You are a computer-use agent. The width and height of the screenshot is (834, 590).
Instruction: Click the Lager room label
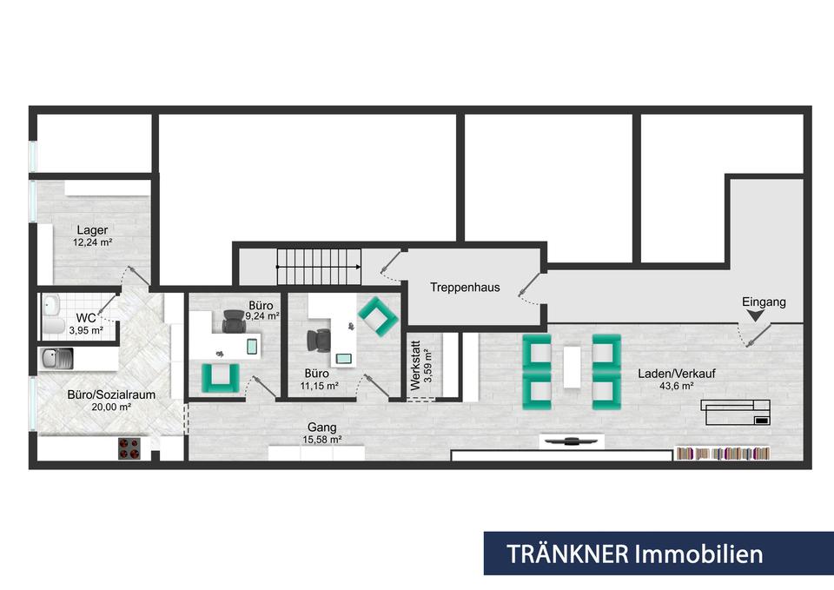point(92,229)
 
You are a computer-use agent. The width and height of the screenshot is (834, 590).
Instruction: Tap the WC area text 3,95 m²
point(86,330)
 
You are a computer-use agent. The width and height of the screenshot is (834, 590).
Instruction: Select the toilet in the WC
point(53,324)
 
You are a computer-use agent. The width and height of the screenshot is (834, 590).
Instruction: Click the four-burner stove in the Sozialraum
point(129,448)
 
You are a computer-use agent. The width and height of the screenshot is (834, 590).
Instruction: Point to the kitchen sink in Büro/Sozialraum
point(57,359)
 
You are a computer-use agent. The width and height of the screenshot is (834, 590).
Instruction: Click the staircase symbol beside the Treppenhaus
point(319,267)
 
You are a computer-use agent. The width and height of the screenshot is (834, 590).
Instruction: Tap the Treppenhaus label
point(465,288)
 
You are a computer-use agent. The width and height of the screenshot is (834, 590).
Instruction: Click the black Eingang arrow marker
point(755,316)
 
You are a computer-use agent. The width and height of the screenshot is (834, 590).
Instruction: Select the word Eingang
point(764,302)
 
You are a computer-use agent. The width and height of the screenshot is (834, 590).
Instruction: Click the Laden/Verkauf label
point(677,374)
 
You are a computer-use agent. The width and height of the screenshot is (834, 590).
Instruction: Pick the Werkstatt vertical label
point(416,366)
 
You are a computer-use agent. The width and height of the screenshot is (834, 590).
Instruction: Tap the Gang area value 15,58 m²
point(321,440)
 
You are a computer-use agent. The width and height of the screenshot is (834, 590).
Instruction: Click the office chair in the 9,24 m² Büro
point(234,322)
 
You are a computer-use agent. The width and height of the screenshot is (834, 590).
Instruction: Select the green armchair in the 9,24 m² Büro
point(220,378)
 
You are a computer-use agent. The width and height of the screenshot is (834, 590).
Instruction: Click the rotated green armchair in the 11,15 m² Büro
point(378,316)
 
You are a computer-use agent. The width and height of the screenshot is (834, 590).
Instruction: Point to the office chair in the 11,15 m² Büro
point(318,341)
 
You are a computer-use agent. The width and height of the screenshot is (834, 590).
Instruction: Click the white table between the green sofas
point(573,368)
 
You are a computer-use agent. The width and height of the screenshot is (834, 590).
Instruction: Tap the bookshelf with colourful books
point(723,454)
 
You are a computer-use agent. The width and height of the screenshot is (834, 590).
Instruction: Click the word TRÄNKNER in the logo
point(567,554)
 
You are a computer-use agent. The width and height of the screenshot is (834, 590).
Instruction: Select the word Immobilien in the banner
point(699,554)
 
